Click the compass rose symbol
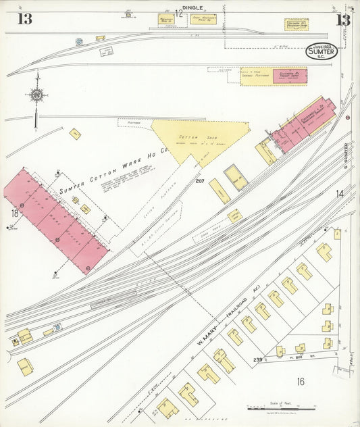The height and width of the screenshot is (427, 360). coord(36,96)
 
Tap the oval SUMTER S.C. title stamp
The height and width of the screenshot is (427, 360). coord(322,51)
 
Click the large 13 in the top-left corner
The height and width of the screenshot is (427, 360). coord(24,19)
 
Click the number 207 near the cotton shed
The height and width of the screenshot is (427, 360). coord(200,181)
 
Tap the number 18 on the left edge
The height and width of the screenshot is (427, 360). coord(14,214)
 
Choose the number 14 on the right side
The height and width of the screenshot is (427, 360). coord(339,195)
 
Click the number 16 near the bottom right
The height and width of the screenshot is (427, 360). coord(300,382)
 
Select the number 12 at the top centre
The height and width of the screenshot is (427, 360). coord(179,14)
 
